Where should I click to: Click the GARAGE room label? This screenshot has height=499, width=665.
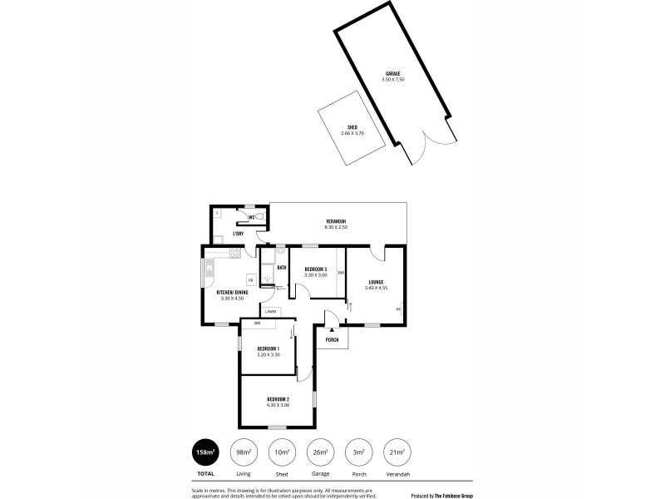(392, 73)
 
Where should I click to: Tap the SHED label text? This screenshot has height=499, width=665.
(352, 127)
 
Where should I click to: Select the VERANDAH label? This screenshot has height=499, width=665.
(337, 220)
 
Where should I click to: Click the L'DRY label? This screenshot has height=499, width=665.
(226, 233)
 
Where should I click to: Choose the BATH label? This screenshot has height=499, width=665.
(282, 268)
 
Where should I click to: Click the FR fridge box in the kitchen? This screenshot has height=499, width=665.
(249, 279)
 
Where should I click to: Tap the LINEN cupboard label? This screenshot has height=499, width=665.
(270, 311)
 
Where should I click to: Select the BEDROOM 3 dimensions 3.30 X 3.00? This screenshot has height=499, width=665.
(315, 274)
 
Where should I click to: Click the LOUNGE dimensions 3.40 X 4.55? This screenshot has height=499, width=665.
(377, 288)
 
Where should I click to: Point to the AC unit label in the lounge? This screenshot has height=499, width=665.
(398, 309)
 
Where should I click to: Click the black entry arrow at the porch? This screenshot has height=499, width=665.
(331, 331)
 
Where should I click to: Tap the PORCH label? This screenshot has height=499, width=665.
(332, 340)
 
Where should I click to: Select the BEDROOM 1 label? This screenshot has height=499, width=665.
(268, 348)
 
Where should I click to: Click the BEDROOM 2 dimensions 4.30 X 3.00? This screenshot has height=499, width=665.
(278, 405)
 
